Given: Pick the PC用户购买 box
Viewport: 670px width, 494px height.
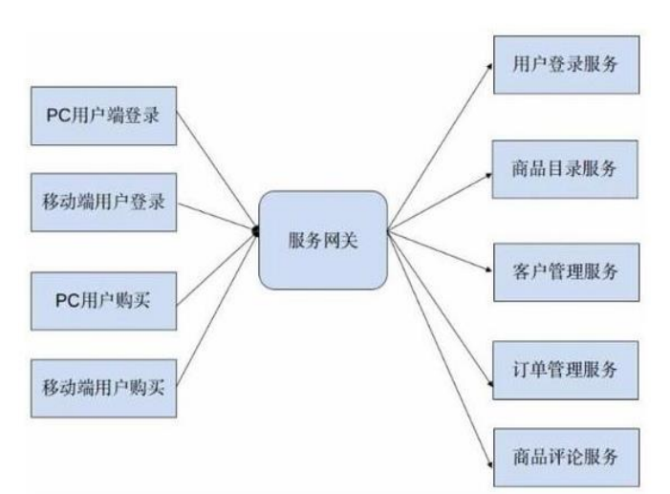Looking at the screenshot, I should click(106, 300).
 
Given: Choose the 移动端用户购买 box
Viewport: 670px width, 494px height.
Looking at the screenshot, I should click(106, 386).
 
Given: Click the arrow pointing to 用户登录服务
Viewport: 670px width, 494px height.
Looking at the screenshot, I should click(440, 144).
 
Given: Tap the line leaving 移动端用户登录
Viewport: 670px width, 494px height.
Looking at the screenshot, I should click(216, 217).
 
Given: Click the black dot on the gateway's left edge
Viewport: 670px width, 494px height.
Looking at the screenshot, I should click(256, 230).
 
